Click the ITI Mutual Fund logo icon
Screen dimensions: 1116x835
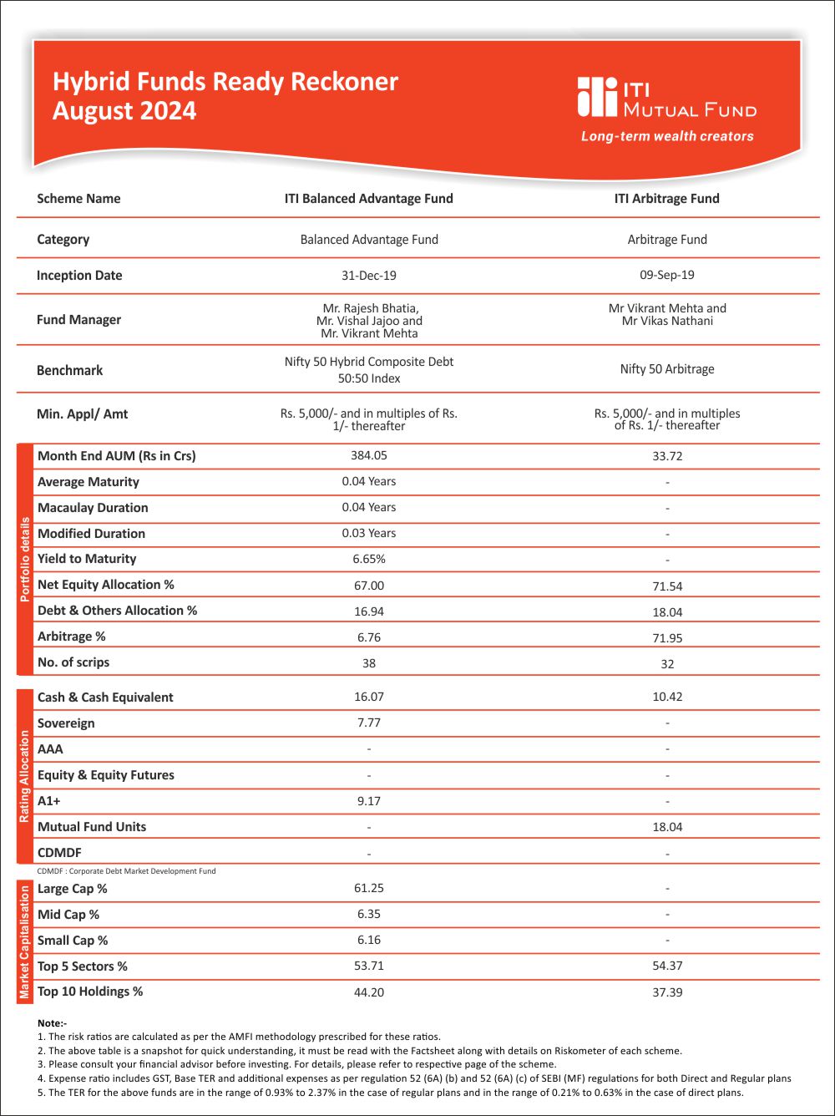[x=595, y=97]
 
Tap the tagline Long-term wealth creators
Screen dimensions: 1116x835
[x=667, y=136]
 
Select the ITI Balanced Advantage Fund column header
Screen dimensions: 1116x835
[x=369, y=199]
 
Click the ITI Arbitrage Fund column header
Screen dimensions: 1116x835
[x=667, y=199]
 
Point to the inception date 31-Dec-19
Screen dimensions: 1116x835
[x=369, y=276]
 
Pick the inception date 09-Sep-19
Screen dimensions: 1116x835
[x=667, y=275]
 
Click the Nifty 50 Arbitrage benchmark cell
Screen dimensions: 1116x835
[x=667, y=369]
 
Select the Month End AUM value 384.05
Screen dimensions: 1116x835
[x=369, y=455]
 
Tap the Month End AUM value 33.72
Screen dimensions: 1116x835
[x=667, y=457]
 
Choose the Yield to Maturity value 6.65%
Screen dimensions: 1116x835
[x=369, y=559]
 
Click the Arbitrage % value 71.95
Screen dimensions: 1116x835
[x=667, y=638]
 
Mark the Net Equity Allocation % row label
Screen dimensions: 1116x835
[x=106, y=585]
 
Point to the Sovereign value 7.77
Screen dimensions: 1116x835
[x=369, y=723]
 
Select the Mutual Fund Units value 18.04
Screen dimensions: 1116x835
[x=667, y=827]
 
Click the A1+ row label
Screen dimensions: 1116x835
[x=49, y=801]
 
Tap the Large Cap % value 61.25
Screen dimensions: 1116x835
[x=369, y=888]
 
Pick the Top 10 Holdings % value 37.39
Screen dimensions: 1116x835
[x=667, y=993]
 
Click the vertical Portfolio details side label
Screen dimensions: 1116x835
[x=25, y=560]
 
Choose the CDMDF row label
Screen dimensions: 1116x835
[x=59, y=853]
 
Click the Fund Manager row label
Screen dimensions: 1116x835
[x=78, y=320]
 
